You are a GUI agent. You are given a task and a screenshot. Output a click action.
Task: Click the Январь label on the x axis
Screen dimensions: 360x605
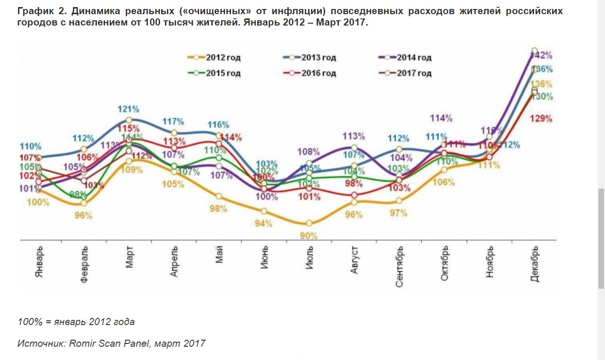point(39,262)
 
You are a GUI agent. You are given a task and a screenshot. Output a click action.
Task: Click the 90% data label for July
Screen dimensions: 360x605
point(309,236)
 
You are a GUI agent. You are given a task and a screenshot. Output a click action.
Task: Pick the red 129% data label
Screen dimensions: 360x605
point(542,119)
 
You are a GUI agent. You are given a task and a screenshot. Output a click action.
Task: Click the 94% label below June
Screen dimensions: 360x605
point(264,224)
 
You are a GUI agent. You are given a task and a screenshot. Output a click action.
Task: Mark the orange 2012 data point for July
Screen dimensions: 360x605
point(309,223)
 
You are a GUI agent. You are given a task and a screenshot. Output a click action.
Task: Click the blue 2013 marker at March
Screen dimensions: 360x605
point(129,120)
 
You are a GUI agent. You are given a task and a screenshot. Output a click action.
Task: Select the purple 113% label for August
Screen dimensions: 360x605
point(354,137)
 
